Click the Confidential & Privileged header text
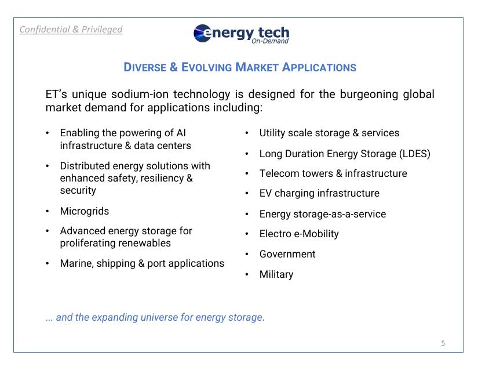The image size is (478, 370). [x=71, y=29]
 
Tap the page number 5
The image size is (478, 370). [x=443, y=343]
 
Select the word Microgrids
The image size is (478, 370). [x=85, y=211]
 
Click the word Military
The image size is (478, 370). [x=276, y=274]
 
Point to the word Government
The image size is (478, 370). [x=287, y=254]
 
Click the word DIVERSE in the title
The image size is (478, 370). [x=145, y=67]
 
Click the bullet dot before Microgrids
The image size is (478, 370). [x=48, y=211]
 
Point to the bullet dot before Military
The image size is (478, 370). [x=247, y=274]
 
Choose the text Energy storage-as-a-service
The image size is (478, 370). [x=322, y=214]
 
